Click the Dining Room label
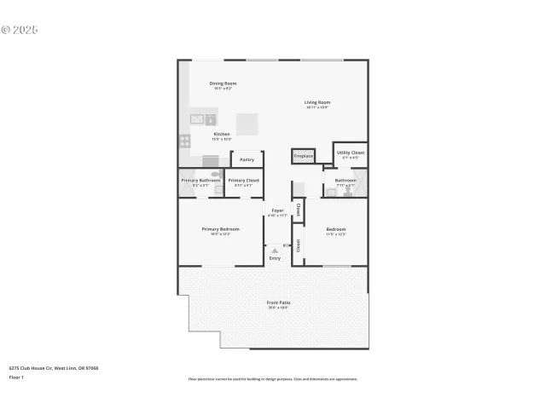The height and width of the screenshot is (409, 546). coord(221,83)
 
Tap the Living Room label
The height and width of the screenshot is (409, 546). coord(317,102)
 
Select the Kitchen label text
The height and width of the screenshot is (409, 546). coord(222,134)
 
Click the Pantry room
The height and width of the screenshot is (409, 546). coord(247,159)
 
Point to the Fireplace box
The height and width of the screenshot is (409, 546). coord(303,156)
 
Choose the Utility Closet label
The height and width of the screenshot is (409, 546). coord(351,153)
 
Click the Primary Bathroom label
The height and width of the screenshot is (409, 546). coord(200,180)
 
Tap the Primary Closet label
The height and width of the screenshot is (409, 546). coord(244,180)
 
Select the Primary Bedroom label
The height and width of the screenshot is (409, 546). coord(220,229)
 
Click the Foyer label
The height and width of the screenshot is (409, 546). coord(277,210)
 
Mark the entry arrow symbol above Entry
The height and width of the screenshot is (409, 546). coord(275,251)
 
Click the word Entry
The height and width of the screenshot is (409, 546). coord(275,258)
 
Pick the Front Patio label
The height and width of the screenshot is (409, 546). coord(278,302)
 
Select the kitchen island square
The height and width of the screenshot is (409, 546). coord(248,124)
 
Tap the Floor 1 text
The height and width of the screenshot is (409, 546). coord(16,376)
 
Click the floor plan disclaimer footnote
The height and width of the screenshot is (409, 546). coord(272,378)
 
